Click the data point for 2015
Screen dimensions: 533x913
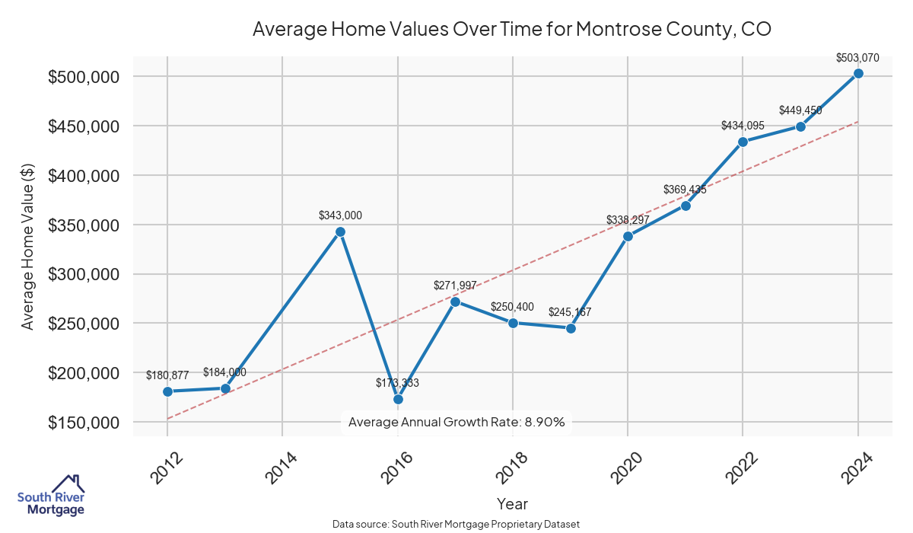(x=340, y=231)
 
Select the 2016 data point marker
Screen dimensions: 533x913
(x=398, y=399)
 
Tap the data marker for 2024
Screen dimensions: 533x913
(x=858, y=73)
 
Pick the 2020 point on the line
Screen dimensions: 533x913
(x=628, y=236)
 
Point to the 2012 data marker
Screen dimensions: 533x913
(x=167, y=391)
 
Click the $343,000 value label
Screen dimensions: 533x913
(x=340, y=215)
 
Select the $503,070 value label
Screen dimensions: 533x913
(x=857, y=57)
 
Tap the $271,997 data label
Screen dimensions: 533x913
(x=455, y=286)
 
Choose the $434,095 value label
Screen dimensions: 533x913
(x=743, y=125)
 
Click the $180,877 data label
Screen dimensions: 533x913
(x=167, y=375)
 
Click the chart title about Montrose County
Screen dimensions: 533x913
(x=512, y=30)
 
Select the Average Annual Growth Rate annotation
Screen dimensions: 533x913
(x=456, y=422)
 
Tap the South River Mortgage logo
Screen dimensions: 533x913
(x=51, y=496)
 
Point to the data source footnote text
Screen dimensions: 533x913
(x=456, y=524)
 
